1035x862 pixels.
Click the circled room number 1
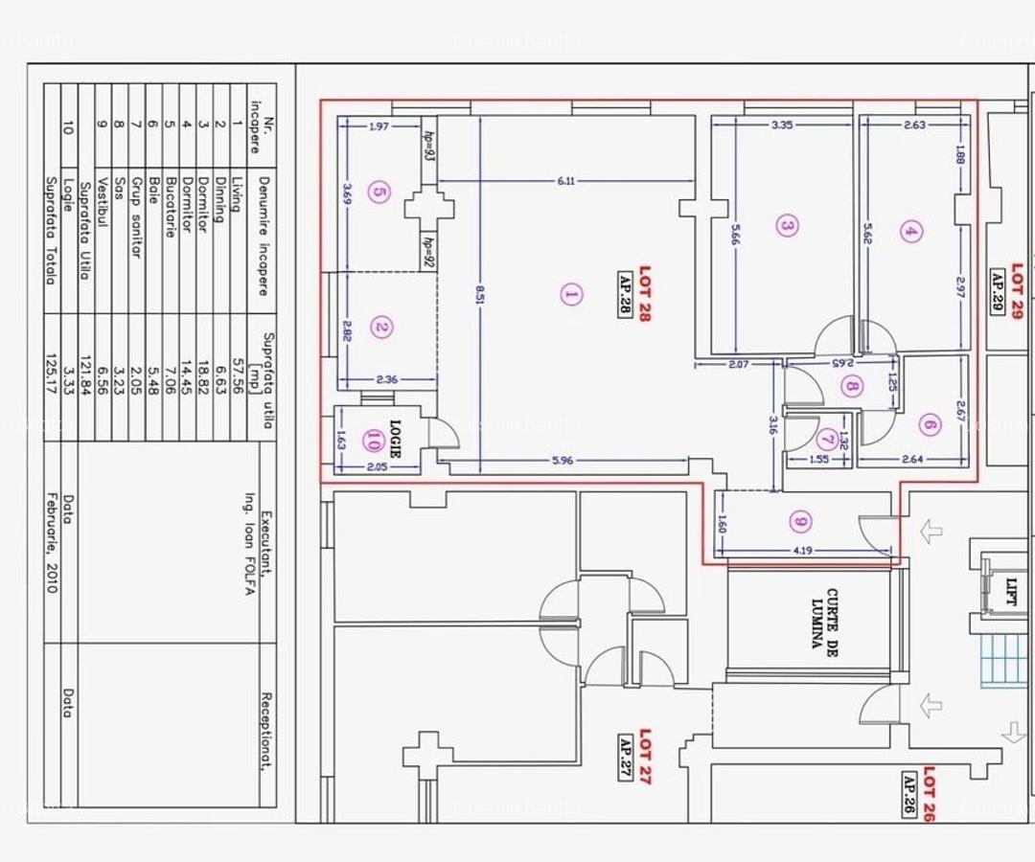coord(570,294)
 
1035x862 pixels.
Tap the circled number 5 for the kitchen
coord(379,193)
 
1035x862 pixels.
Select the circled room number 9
coord(800,522)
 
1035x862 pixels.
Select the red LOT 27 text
coord(645,758)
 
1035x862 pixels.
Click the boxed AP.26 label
coord(908,794)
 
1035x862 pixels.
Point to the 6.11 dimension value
coord(565,181)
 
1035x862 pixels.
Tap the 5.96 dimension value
coord(563,461)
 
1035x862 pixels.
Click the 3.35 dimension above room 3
coord(781,125)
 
